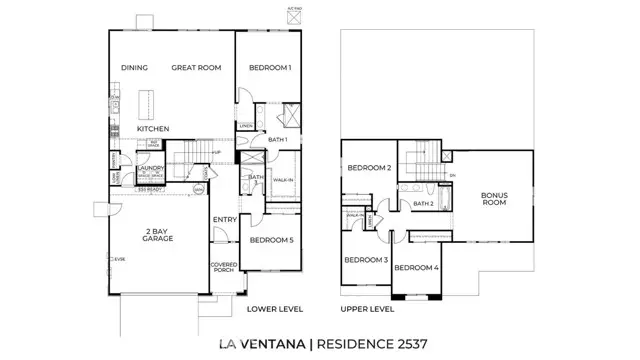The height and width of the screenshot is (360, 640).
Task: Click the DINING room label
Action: tap(135, 68)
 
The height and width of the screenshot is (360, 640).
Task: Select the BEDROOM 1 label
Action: tap(269, 68)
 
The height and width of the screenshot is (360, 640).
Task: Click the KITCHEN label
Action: tap(153, 129)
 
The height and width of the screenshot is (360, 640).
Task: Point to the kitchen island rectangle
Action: tap(147, 103)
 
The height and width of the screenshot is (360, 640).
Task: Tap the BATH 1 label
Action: tap(278, 140)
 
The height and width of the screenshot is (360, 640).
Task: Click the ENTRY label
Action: tap(223, 220)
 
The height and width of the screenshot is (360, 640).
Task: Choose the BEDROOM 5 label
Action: tap(271, 240)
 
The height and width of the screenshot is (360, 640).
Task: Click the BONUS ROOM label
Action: tap(494, 199)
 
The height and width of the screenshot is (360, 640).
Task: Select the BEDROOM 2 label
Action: tap(369, 168)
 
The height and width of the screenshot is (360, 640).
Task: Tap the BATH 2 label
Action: tap(423, 204)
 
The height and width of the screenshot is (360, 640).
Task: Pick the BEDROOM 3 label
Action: tap(366, 260)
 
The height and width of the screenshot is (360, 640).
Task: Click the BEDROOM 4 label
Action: tap(416, 268)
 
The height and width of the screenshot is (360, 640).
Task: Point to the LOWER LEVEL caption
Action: tap(275, 310)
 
